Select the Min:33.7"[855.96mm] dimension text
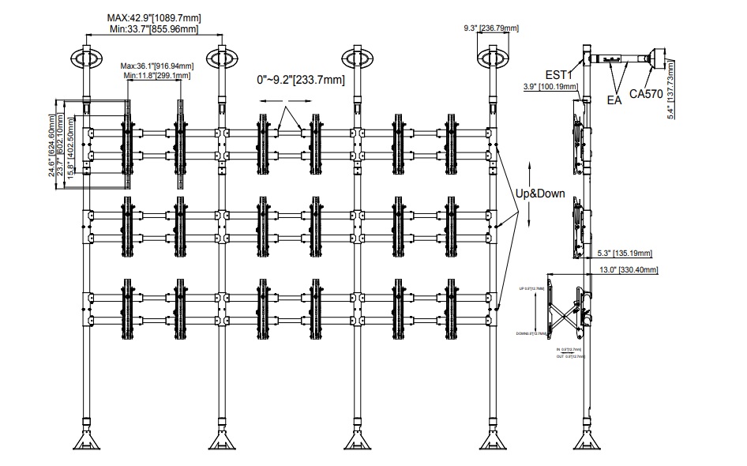point(153,29)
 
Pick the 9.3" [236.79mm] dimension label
point(490,28)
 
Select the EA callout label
point(614,100)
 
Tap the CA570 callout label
point(646,94)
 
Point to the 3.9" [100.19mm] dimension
point(550,87)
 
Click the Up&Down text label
point(541,194)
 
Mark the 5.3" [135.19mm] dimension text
point(624,254)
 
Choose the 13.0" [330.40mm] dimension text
point(629,269)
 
